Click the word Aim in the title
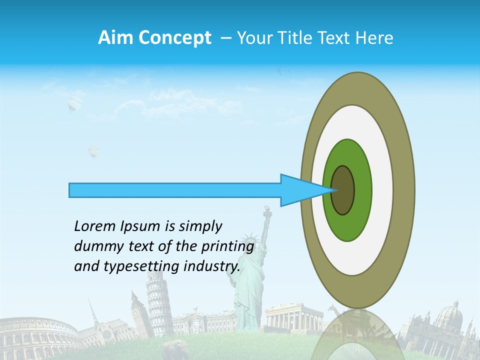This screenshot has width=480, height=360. click(115, 38)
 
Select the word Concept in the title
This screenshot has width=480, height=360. click(175, 38)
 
